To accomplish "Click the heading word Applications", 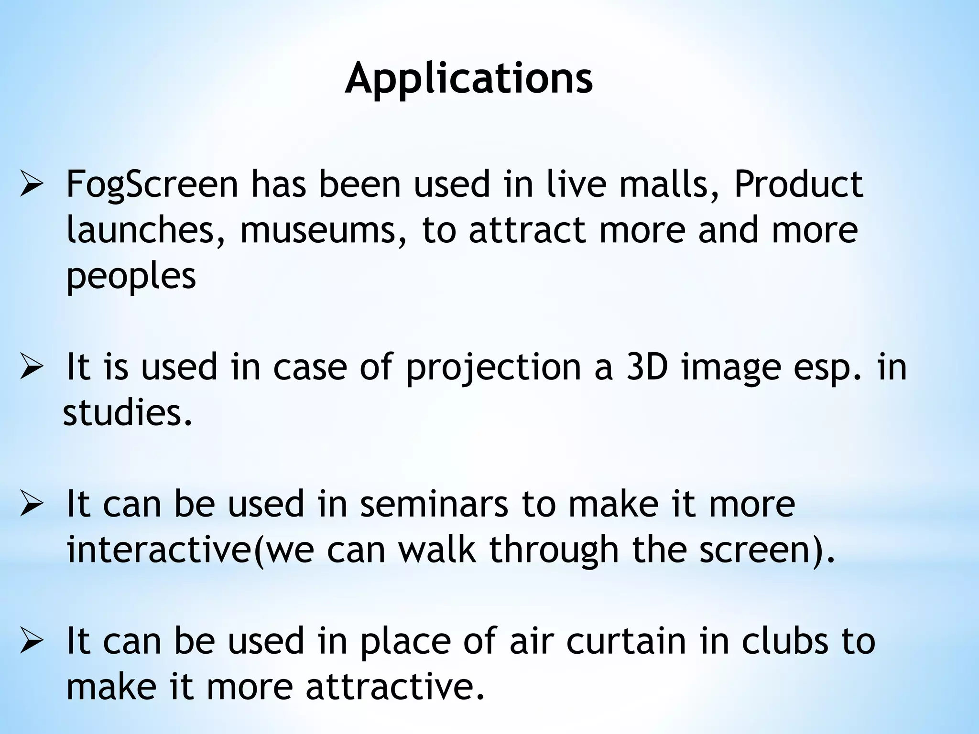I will point(469,79).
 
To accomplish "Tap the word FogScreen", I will point(152,185).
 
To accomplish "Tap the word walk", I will point(437,550).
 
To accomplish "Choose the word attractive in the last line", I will point(395,686).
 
